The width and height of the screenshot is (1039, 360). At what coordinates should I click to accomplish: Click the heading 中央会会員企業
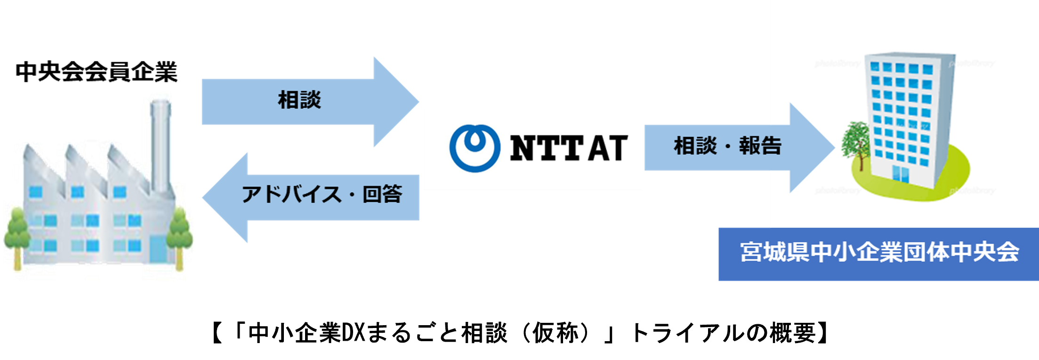[97, 72]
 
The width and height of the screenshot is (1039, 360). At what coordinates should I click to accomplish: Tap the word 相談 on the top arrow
[299, 100]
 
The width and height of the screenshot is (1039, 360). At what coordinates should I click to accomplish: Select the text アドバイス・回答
[322, 194]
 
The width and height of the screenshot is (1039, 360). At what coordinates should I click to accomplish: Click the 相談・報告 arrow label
[727, 146]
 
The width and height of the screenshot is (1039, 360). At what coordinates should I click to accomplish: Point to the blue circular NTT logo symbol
[475, 148]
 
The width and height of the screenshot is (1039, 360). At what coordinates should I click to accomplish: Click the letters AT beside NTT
[608, 148]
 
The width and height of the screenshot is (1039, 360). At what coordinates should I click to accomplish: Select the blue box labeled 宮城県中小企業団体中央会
[878, 254]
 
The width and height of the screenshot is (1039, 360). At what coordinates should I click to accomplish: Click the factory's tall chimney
[160, 146]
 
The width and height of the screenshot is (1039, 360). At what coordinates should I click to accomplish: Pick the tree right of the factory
[180, 235]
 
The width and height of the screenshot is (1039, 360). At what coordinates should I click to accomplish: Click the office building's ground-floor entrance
[901, 173]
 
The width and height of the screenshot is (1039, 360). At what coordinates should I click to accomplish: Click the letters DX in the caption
[353, 333]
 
